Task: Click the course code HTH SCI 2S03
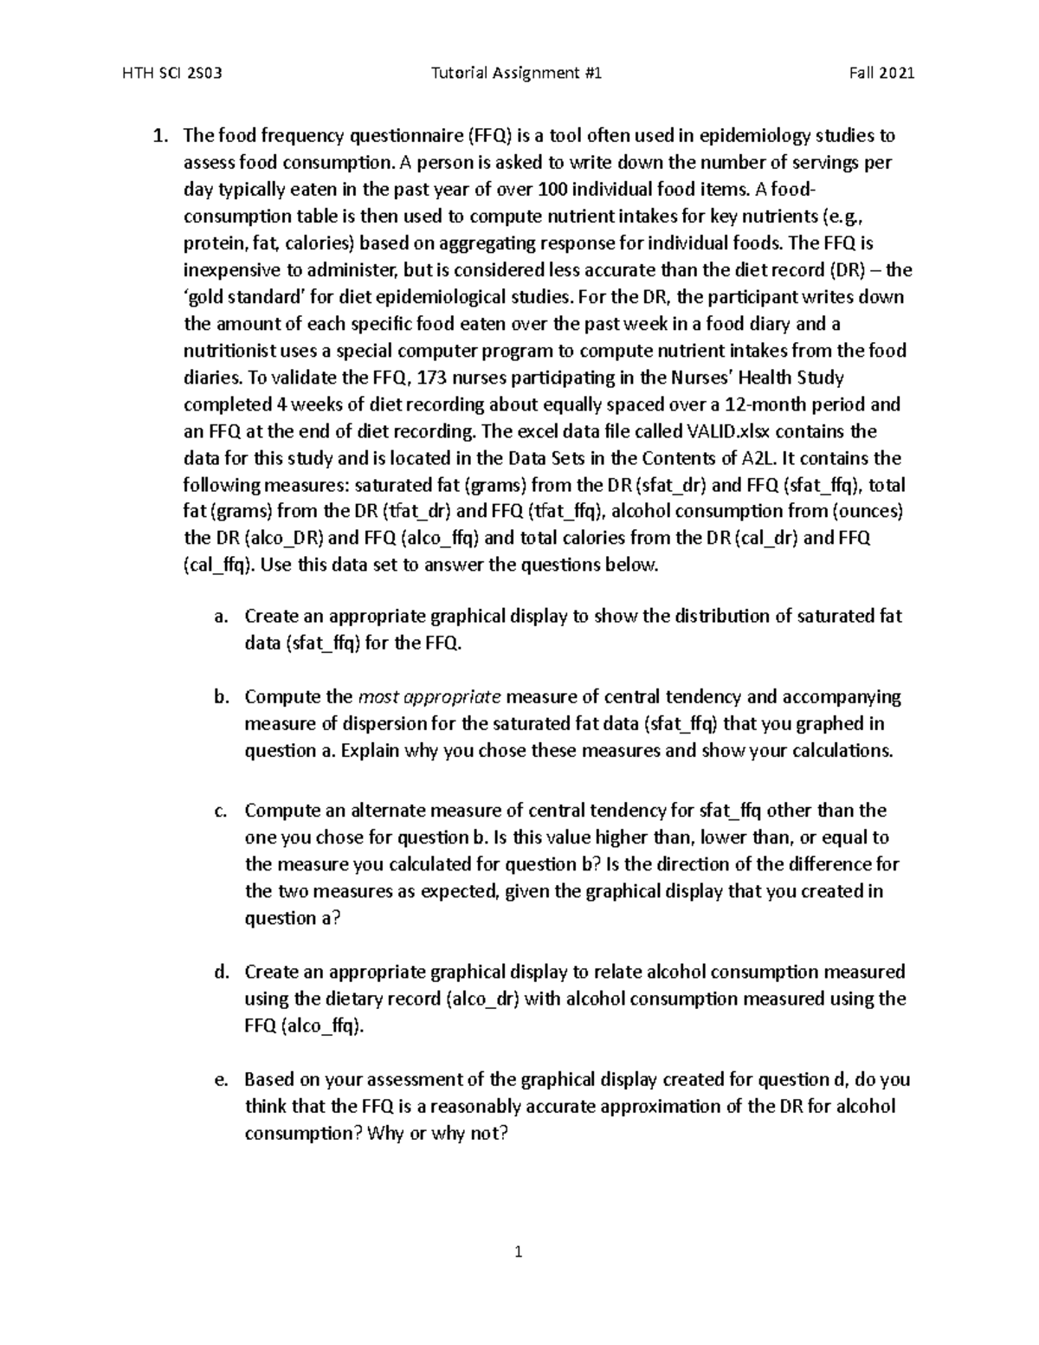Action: pos(173,74)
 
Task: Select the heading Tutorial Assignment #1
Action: pos(516,74)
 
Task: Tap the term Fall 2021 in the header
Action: pos(881,74)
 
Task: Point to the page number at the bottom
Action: pos(519,1251)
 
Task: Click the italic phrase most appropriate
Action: pos(429,697)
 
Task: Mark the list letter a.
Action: pos(221,617)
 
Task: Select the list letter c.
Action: pos(221,812)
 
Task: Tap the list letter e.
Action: pos(221,1080)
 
